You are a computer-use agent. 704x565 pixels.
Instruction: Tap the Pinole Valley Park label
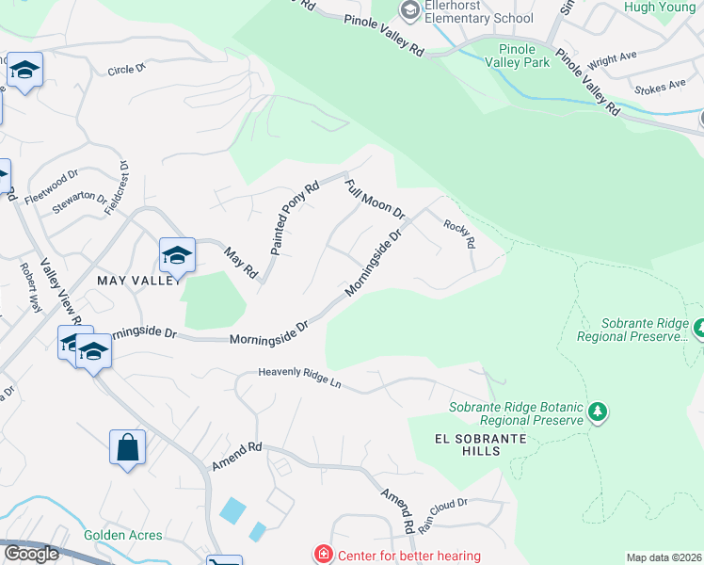(517, 56)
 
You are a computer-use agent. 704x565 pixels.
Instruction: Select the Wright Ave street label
(613, 60)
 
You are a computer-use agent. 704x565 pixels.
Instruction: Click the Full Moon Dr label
(374, 199)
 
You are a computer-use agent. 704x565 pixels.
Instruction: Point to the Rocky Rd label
(459, 230)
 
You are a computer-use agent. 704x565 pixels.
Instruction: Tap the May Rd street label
(241, 261)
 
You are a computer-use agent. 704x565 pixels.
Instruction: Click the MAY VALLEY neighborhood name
(136, 281)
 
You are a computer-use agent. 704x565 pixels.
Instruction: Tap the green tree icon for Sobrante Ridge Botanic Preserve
(596, 412)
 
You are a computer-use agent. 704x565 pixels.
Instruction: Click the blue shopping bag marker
(127, 447)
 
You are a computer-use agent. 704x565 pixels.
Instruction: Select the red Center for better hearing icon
(323, 555)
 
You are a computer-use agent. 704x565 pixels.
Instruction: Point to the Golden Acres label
(122, 535)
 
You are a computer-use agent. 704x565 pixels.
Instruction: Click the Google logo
(31, 554)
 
